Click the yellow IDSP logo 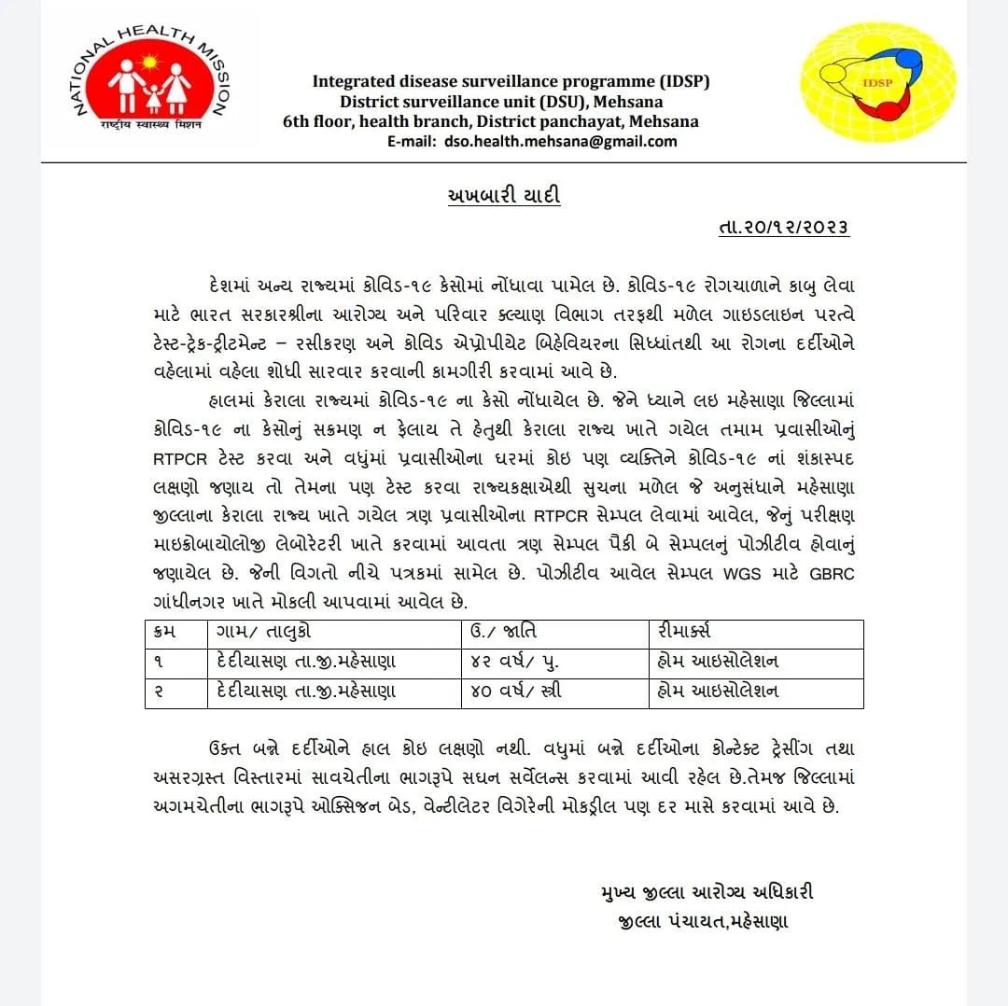click(x=878, y=82)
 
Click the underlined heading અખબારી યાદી click(x=504, y=196)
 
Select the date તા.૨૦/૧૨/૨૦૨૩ click(x=784, y=229)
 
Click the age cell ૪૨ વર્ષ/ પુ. click(x=517, y=663)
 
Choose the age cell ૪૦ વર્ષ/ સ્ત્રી click(x=517, y=692)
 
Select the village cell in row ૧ click(x=305, y=663)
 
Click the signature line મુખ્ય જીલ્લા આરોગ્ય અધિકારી click(x=707, y=892)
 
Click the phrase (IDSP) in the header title click(x=684, y=81)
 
